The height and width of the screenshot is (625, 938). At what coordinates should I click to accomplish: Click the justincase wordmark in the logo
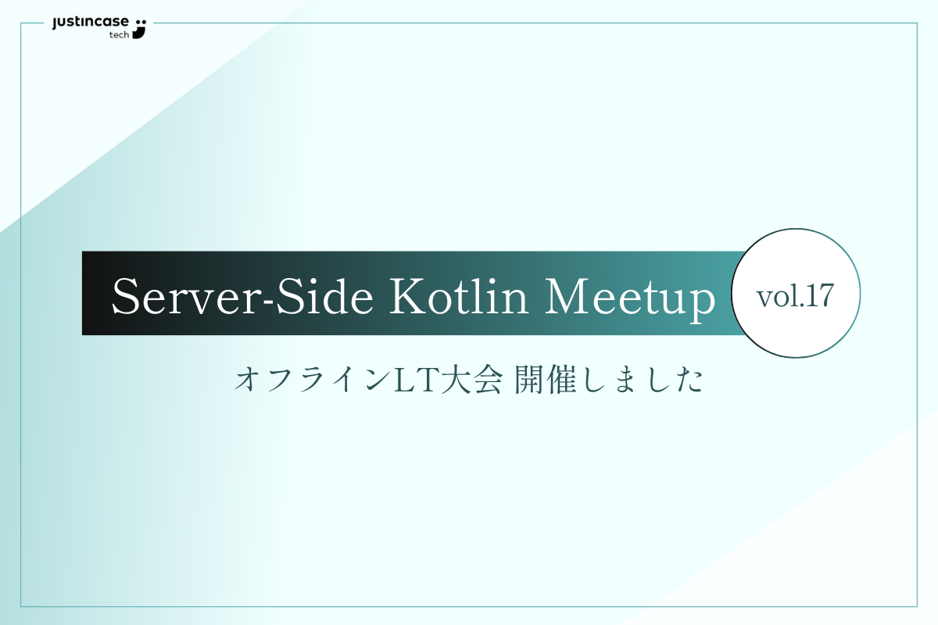91,23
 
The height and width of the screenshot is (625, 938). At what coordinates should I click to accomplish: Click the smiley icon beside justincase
140,28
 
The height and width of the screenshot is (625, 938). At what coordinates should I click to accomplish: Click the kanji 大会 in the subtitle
472,380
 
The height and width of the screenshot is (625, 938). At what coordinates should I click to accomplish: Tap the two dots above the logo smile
141,22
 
